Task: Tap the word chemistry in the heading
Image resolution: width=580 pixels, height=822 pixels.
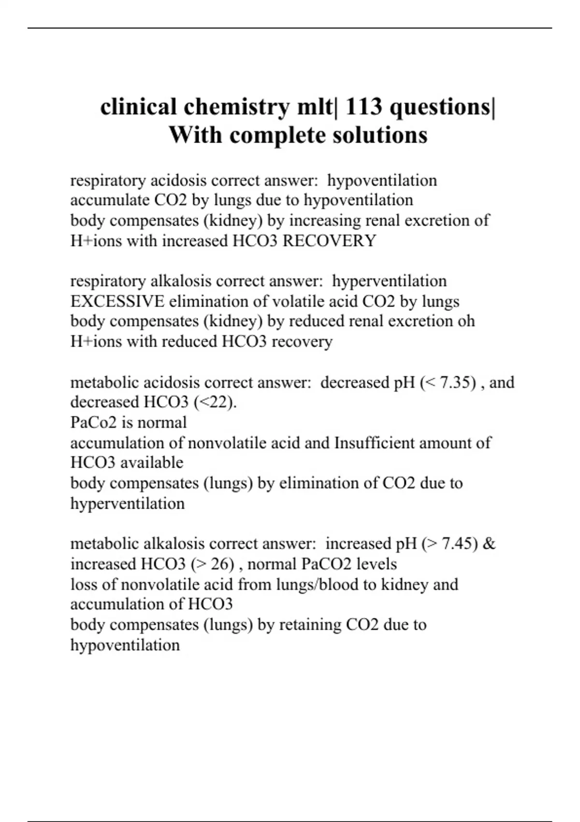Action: coord(236,106)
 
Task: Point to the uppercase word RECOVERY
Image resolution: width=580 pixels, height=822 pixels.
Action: coord(329,241)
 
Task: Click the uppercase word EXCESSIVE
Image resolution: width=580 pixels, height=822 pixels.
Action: coord(117,301)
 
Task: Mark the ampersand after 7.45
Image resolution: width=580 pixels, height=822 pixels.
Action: coord(489,544)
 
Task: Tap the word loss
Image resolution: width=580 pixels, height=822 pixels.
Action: coord(84,585)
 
